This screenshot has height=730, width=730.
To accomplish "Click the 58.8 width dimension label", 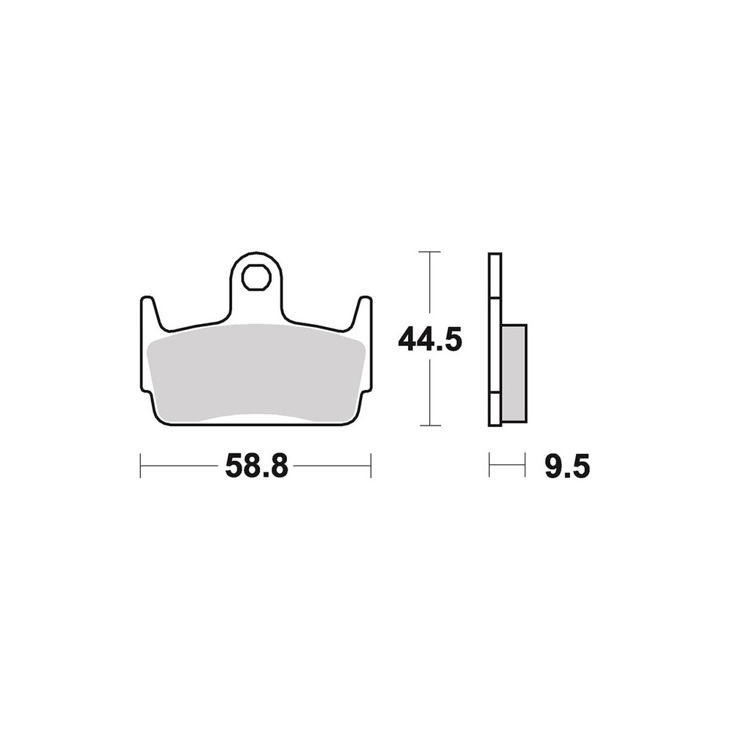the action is (256, 466).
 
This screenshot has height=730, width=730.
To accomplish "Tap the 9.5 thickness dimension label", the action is (567, 466).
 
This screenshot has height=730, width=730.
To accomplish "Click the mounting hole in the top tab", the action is (256, 278).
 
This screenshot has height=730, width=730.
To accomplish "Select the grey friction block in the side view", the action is (514, 373).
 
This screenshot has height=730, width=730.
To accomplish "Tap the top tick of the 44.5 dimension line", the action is (429, 252).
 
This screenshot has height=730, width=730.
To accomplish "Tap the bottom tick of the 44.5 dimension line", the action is (429, 425).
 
